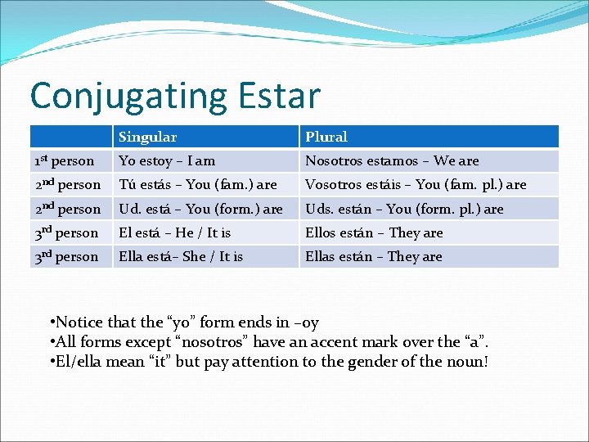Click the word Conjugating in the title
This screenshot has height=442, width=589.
[128, 97]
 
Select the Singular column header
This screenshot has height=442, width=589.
[147, 137]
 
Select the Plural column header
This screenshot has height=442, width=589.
[326, 137]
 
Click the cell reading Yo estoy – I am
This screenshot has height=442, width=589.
[167, 161]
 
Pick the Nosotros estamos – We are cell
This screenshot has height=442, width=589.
[392, 161]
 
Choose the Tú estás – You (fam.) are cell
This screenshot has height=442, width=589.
[197, 185]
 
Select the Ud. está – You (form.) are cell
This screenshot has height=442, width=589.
[200, 209]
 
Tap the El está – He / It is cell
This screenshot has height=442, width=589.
[174, 233]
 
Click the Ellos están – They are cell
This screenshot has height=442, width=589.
[374, 233]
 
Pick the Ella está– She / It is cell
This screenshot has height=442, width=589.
[181, 257]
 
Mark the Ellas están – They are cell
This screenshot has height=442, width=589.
[374, 257]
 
